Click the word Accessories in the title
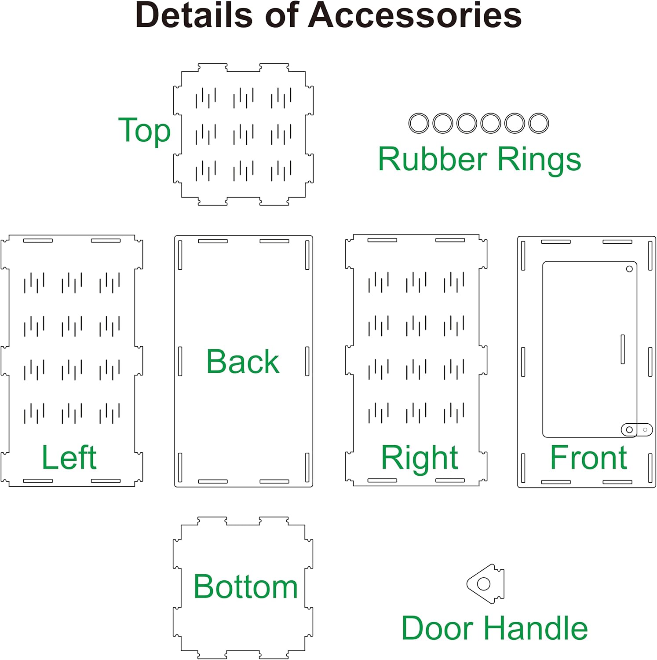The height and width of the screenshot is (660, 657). click(x=415, y=16)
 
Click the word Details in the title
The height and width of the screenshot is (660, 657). click(x=194, y=16)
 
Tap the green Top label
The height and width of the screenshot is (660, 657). click(x=144, y=131)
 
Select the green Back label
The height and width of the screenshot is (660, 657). click(x=243, y=362)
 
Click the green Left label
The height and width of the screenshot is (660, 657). click(x=69, y=458)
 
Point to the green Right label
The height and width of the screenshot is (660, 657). click(x=420, y=458)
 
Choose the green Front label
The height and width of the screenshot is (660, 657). click(x=588, y=458)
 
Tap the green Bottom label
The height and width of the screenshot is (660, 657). click(x=245, y=587)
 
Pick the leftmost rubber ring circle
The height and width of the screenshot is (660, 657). click(x=419, y=123)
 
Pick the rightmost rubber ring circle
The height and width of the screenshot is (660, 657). click(x=538, y=123)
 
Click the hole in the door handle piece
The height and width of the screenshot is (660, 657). click(x=484, y=584)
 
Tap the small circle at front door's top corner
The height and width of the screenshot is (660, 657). click(x=629, y=269)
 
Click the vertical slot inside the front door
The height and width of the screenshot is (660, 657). click(x=623, y=349)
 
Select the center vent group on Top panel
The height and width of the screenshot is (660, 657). click(x=243, y=134)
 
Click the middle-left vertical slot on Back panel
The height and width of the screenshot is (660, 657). click(x=180, y=361)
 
